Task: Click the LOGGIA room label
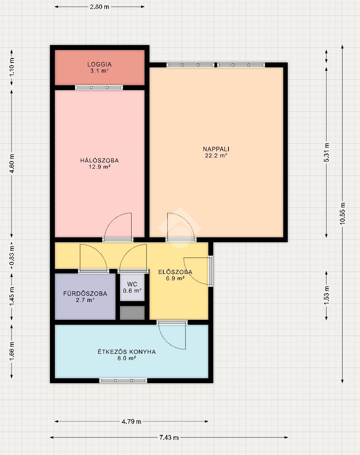(x=99, y=64)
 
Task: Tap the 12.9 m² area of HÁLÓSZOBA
(x=99, y=167)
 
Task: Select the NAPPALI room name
(x=216, y=149)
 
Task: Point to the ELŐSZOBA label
(x=175, y=272)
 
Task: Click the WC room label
(x=132, y=285)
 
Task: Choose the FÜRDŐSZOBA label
(x=85, y=294)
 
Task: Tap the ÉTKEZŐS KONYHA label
(x=127, y=352)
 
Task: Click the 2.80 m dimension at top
(x=99, y=7)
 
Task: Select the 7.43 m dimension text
(x=169, y=437)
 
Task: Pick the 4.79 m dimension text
(x=132, y=422)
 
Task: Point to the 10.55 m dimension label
(x=343, y=213)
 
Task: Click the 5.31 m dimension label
(x=327, y=153)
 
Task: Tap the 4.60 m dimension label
(x=12, y=163)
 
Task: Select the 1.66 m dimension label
(x=12, y=352)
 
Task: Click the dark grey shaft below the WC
(x=132, y=313)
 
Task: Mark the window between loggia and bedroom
(x=99, y=87)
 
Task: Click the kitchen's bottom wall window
(x=123, y=381)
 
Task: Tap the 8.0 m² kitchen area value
(x=127, y=358)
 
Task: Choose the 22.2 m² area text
(x=216, y=156)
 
